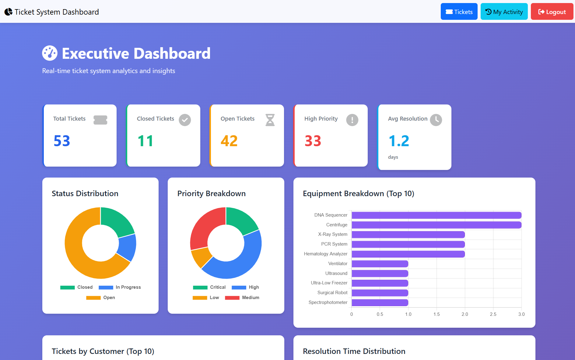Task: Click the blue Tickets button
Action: coord(459,12)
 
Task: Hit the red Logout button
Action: coord(552,12)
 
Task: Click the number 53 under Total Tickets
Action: coord(62,141)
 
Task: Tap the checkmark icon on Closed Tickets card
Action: coord(184,120)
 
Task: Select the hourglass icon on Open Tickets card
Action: coord(270,120)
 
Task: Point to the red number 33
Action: coord(313,141)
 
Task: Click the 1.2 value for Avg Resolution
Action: coord(399,141)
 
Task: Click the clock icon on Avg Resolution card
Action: coord(436,120)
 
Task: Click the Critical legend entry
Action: coord(209,287)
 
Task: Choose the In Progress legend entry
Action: coord(120,287)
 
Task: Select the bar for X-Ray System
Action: coord(408,235)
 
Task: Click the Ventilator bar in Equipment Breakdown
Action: coord(380,264)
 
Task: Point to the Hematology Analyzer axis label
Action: coord(325,254)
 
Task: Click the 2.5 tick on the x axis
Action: coord(493,314)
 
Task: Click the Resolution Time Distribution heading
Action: coord(354,351)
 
